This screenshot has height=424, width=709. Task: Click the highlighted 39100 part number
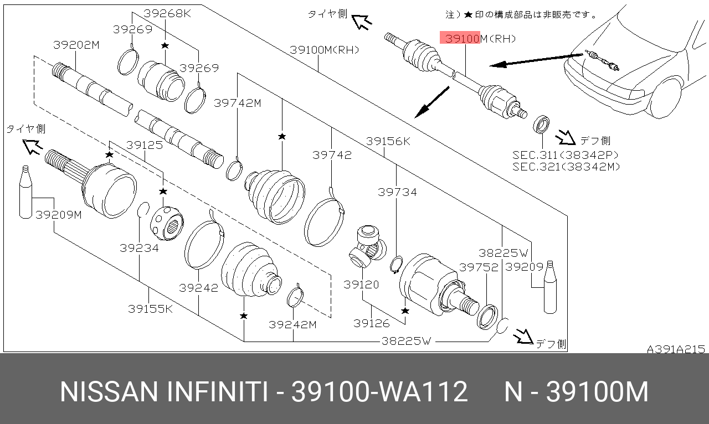[460, 38]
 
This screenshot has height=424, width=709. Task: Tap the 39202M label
[76, 45]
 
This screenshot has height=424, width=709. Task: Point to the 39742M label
[238, 103]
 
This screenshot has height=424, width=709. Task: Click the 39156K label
[388, 142]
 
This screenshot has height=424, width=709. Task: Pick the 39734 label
[397, 192]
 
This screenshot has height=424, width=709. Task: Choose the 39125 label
[144, 145]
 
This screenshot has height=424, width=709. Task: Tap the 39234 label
[139, 248]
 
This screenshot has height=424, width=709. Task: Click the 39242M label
[292, 324]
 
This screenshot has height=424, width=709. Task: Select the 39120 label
[361, 285]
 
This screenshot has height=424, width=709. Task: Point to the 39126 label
[372, 323]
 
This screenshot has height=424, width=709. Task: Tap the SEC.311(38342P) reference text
[565, 155]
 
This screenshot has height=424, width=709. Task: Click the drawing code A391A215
[676, 349]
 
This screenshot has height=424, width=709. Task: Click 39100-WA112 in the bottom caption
[379, 392]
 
